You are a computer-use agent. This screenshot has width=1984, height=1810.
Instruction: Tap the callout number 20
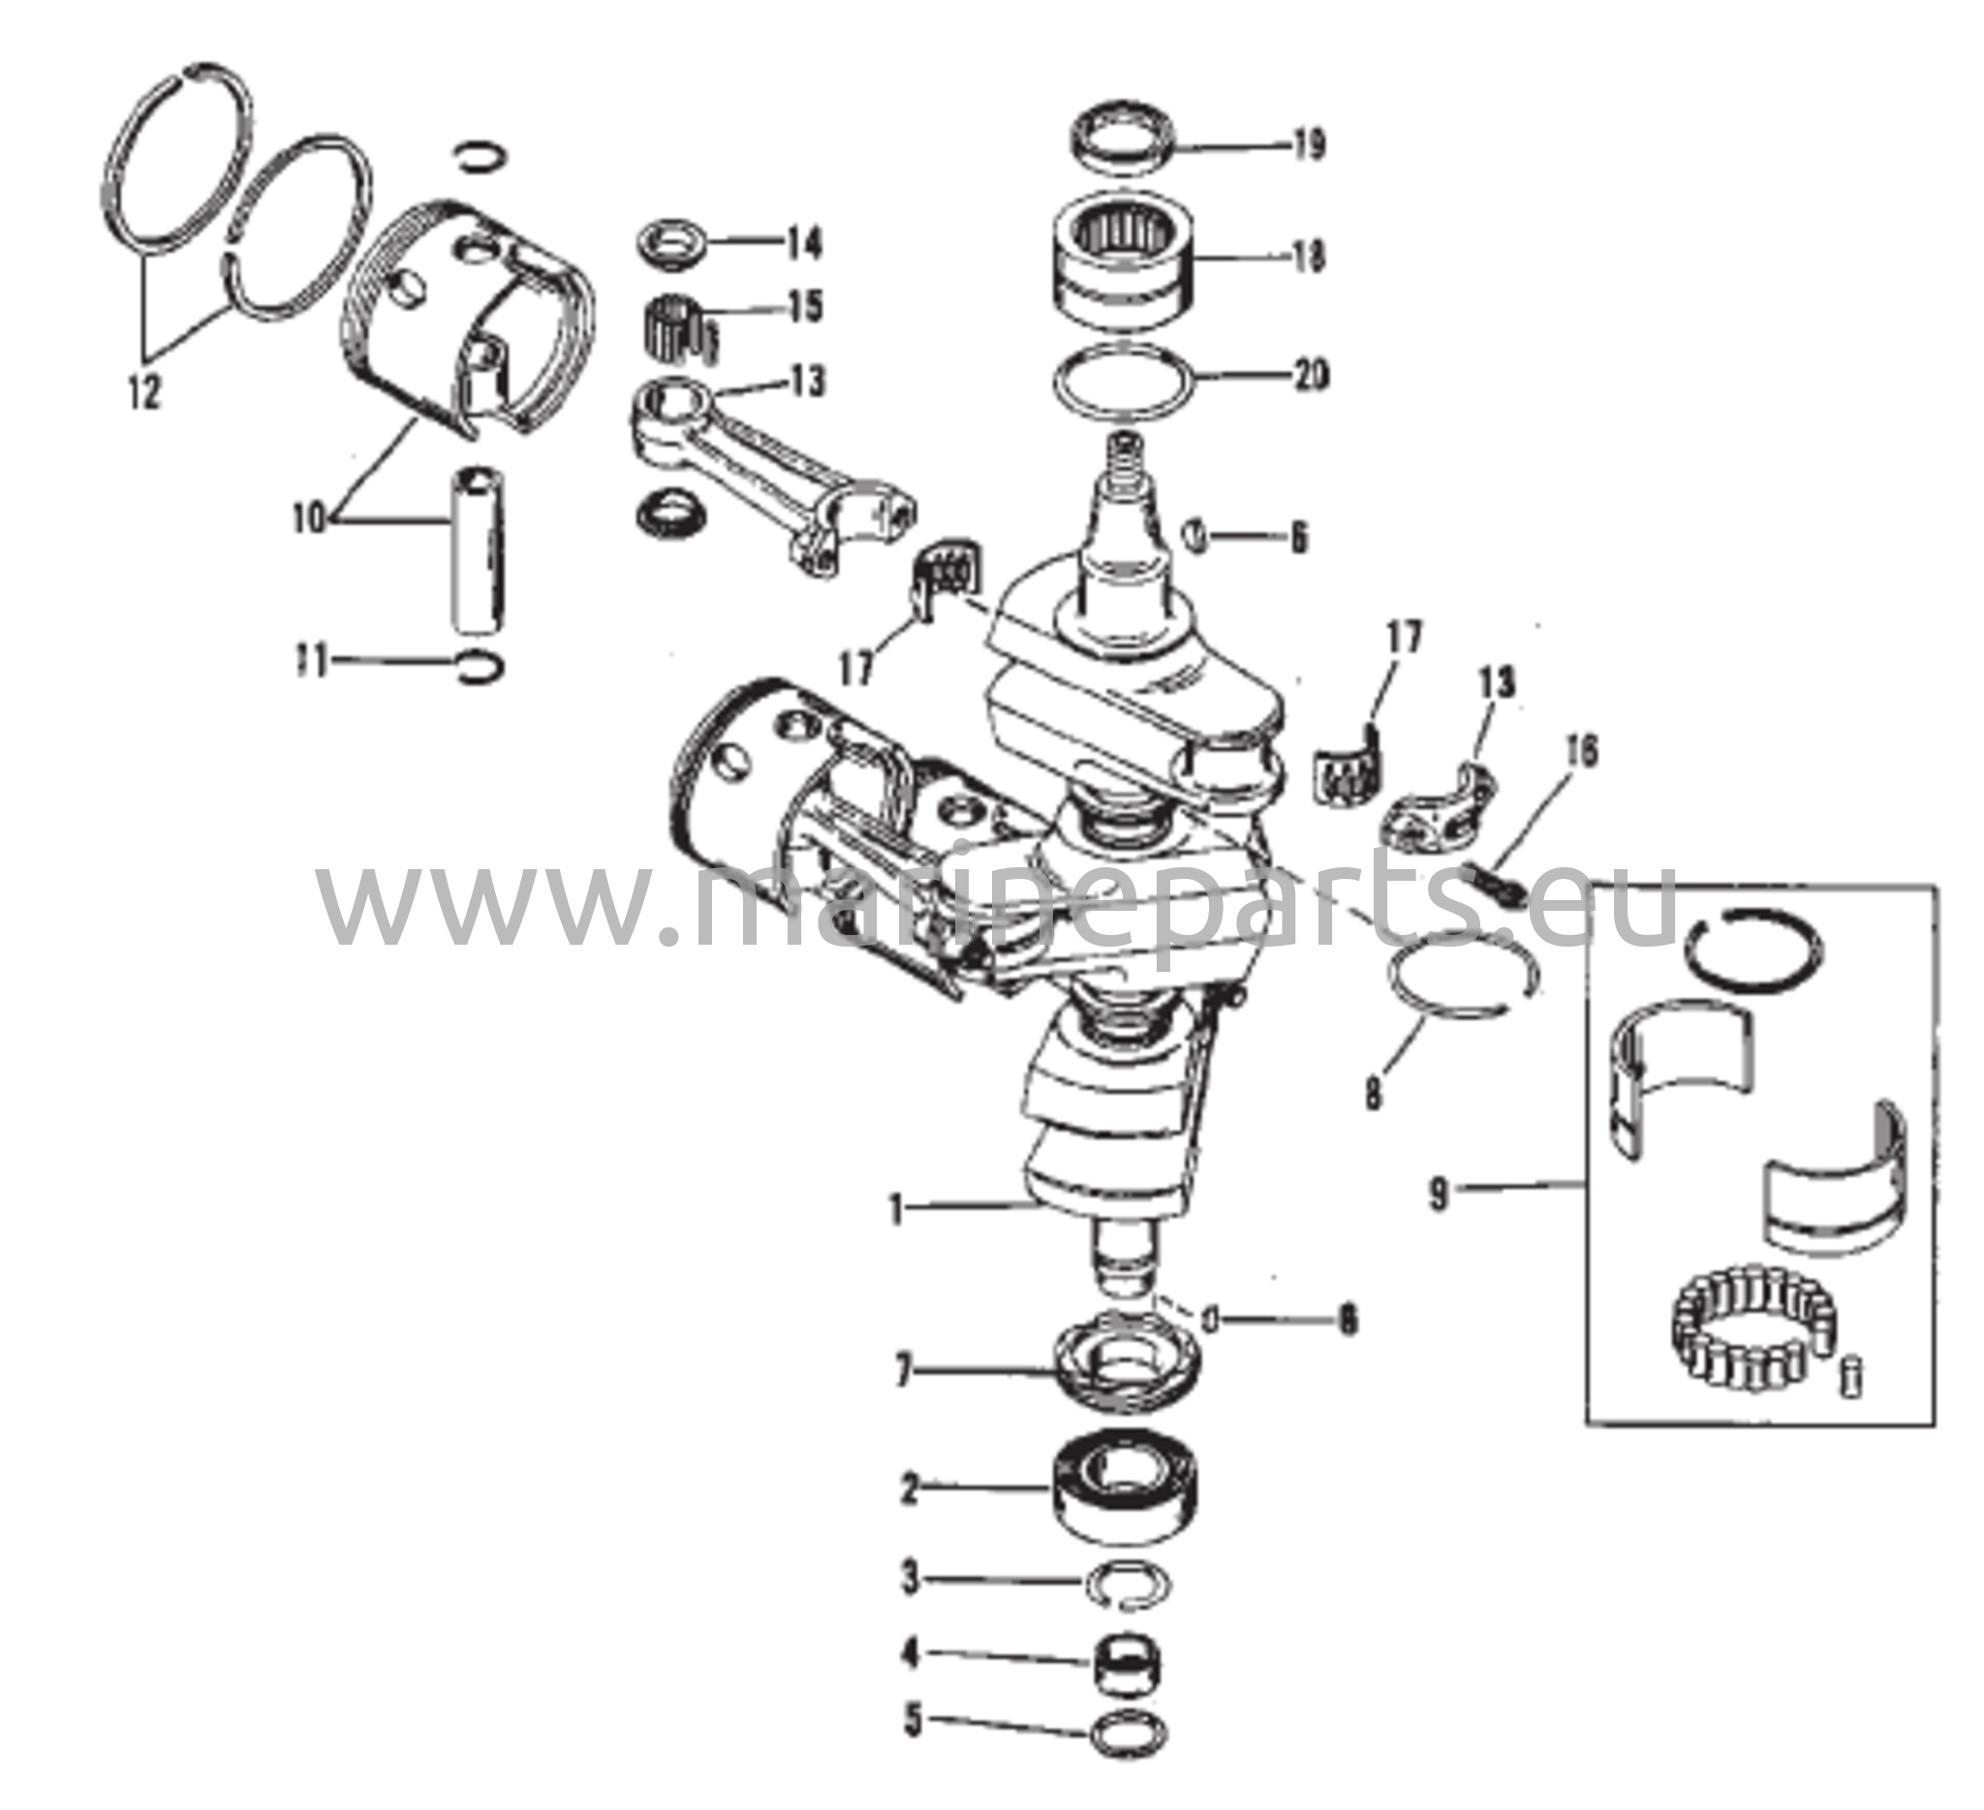point(1309,375)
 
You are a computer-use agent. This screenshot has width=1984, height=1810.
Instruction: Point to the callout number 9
point(1440,1195)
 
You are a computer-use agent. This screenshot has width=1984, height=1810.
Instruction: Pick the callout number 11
point(312,662)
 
